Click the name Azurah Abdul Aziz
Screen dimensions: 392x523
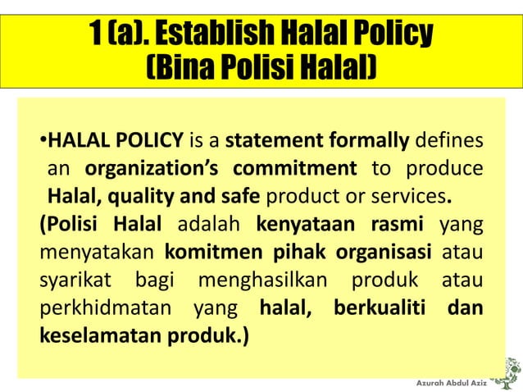pyautogui.click(x=452, y=384)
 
